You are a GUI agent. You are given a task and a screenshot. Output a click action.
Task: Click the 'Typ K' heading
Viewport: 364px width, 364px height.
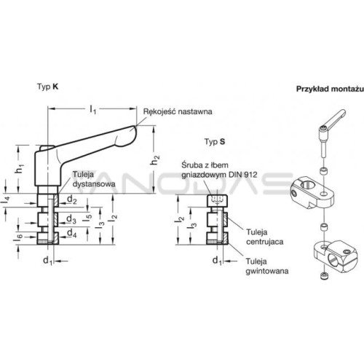click(47, 87)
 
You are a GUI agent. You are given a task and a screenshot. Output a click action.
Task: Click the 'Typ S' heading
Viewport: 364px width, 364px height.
click(215, 141)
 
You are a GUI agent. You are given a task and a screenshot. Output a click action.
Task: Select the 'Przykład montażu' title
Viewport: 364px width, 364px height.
click(330, 89)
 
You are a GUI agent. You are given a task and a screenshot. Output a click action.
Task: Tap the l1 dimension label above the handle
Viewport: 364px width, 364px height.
click(93, 109)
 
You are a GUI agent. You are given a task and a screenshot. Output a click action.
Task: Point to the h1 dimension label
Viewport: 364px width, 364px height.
click(20, 168)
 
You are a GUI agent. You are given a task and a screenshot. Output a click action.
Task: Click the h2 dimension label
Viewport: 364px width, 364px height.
click(155, 160)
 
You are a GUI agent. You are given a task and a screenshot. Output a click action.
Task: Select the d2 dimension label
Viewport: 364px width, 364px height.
click(72, 199)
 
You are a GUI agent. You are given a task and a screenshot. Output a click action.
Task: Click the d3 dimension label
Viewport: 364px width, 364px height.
click(71, 219)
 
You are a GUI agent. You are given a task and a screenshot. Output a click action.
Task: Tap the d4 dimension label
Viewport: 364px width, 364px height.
click(72, 233)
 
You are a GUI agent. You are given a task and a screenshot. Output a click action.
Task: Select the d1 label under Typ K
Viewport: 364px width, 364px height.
click(48, 261)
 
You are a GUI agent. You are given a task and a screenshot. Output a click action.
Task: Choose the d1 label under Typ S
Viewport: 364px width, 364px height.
click(218, 261)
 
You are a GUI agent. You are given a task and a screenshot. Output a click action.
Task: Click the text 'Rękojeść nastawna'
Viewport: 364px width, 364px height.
click(178, 111)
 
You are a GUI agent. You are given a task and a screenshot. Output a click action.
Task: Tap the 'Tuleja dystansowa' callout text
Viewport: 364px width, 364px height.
click(94, 179)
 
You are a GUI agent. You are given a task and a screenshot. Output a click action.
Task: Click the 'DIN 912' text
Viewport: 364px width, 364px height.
click(242, 175)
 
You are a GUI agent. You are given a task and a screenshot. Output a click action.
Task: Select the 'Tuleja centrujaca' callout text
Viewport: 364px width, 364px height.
click(265, 237)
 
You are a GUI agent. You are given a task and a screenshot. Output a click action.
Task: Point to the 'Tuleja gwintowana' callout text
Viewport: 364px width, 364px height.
click(267, 266)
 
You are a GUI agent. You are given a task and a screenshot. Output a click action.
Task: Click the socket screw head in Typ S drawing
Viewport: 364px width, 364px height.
click(217, 201)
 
